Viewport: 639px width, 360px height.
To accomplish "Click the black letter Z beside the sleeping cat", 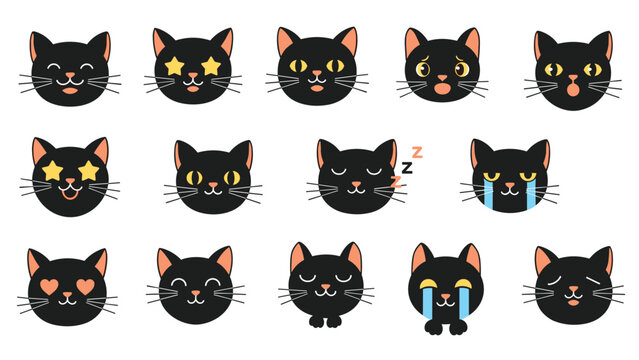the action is [x=407, y=168].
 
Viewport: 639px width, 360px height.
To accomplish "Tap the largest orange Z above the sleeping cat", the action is [x=417, y=152].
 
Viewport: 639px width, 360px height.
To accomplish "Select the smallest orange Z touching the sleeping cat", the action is [x=396, y=182].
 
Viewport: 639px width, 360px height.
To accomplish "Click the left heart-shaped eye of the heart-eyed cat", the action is [x=50, y=287].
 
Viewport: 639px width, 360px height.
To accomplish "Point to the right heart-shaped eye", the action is [x=86, y=287].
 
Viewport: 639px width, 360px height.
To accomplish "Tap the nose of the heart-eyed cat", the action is [x=68, y=294].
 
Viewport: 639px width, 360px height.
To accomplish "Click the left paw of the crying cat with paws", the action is [x=434, y=327].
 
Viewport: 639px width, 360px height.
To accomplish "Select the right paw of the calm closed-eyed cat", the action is [x=334, y=321].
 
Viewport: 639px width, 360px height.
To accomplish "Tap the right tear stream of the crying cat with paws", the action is [x=464, y=300].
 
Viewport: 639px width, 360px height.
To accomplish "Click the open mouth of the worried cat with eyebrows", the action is [x=442, y=89].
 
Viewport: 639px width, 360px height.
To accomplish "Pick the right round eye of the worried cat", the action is [x=462, y=69].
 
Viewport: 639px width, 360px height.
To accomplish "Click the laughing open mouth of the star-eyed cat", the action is [x=70, y=193].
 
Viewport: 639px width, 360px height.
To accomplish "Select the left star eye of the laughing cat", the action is [x=52, y=171].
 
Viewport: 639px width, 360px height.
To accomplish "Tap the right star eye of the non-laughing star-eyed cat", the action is [x=211, y=66].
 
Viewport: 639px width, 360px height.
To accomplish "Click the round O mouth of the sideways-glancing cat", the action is [x=573, y=88].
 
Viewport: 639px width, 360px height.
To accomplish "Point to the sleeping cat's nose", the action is [x=357, y=185].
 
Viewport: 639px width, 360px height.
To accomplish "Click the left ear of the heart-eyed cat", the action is [x=34, y=263].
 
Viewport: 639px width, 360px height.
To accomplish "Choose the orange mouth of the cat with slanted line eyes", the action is [x=573, y=303].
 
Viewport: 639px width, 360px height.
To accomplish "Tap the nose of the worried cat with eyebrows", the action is [x=442, y=77].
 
